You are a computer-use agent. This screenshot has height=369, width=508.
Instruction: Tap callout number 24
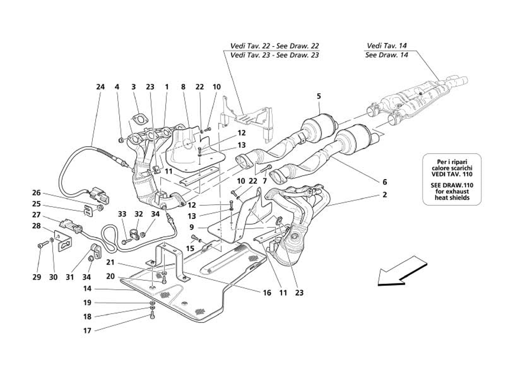[100, 87]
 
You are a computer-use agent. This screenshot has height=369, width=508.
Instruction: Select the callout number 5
[319, 96]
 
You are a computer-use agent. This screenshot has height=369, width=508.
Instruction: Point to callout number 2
[384, 195]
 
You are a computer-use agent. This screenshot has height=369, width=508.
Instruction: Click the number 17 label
[87, 330]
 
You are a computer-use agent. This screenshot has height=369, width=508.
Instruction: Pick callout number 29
[36, 277]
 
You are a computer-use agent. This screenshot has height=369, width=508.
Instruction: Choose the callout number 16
[266, 292]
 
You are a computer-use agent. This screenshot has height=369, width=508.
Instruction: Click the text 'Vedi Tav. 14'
[387, 46]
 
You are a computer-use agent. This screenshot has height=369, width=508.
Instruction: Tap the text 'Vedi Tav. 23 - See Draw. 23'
[274, 55]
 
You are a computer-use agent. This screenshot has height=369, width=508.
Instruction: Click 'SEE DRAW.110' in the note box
[452, 185]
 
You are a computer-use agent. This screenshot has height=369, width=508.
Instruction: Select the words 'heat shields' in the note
[452, 197]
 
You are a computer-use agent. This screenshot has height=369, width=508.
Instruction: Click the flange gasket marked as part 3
[139, 119]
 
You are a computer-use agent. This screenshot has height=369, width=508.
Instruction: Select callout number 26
[36, 193]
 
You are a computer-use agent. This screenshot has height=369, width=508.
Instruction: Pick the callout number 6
[385, 182]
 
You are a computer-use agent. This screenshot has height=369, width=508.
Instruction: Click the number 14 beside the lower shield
[87, 289]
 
